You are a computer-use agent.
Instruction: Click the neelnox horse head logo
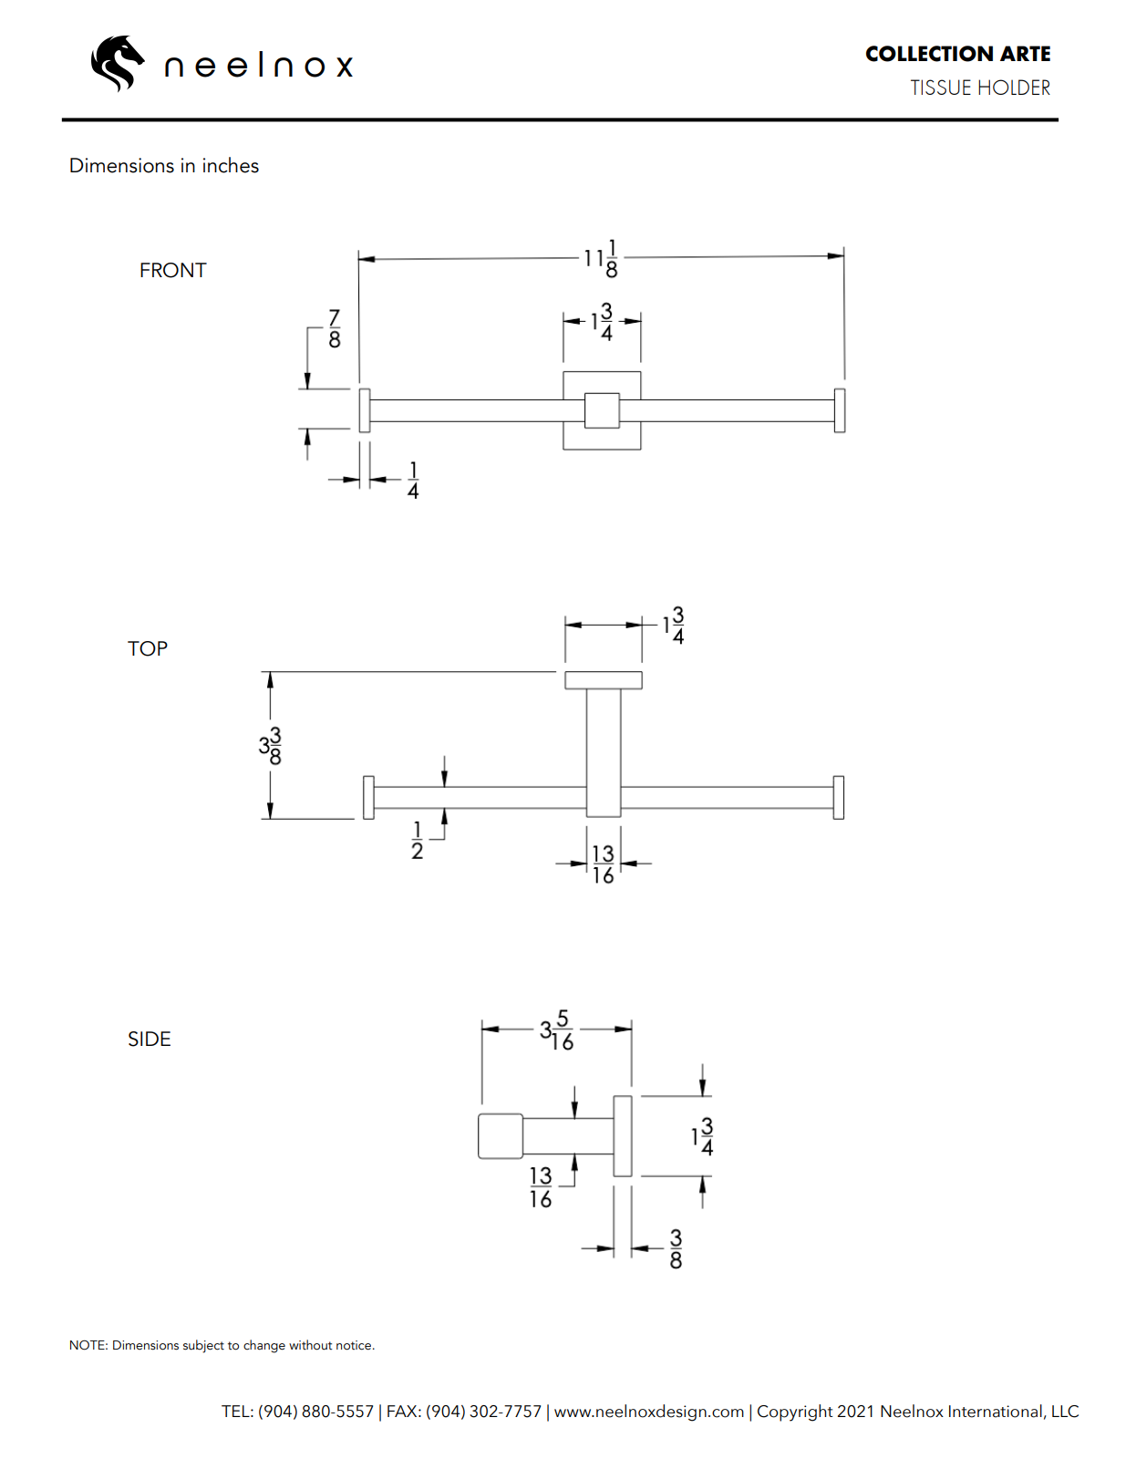pos(117,63)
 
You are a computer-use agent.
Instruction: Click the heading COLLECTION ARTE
pos(957,54)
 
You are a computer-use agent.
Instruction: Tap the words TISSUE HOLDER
pos(979,88)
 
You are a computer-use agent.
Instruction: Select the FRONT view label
pos(172,270)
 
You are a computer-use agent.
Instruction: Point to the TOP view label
pos(148,648)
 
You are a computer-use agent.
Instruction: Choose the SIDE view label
pos(150,1039)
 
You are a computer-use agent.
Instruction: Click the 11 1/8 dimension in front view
pos(602,258)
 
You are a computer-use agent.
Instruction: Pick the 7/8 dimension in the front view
pos(335,328)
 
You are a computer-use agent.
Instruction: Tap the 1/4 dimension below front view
pos(413,480)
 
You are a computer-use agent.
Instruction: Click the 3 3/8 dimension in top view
pos(271,745)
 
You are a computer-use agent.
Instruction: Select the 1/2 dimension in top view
pos(417,840)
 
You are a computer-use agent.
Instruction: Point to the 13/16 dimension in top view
pos(603,864)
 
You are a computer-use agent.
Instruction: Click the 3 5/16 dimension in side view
pos(557,1030)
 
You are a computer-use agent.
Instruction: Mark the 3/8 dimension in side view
pos(676,1248)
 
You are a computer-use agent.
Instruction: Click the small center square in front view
pos(602,410)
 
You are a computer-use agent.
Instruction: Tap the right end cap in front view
pos(840,410)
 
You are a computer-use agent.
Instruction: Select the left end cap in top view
pos(368,797)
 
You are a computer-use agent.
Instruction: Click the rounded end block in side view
pos(501,1136)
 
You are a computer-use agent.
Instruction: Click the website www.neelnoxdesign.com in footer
pos(649,1411)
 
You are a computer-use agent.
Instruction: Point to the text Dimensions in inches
pos(164,166)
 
